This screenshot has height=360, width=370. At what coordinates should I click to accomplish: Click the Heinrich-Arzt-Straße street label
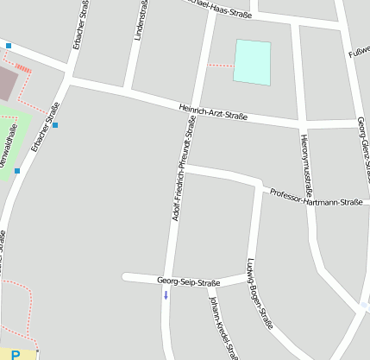pos(212,111)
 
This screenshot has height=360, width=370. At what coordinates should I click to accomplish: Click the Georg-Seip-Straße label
pos(189,281)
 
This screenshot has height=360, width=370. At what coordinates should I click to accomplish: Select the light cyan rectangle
pos(252,62)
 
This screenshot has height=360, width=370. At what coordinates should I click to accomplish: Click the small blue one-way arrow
pos(166,295)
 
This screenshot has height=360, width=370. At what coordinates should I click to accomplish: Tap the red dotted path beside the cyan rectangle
pos(221,66)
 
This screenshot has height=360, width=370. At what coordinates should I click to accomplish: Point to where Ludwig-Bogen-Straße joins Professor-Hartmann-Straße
pos(260,185)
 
